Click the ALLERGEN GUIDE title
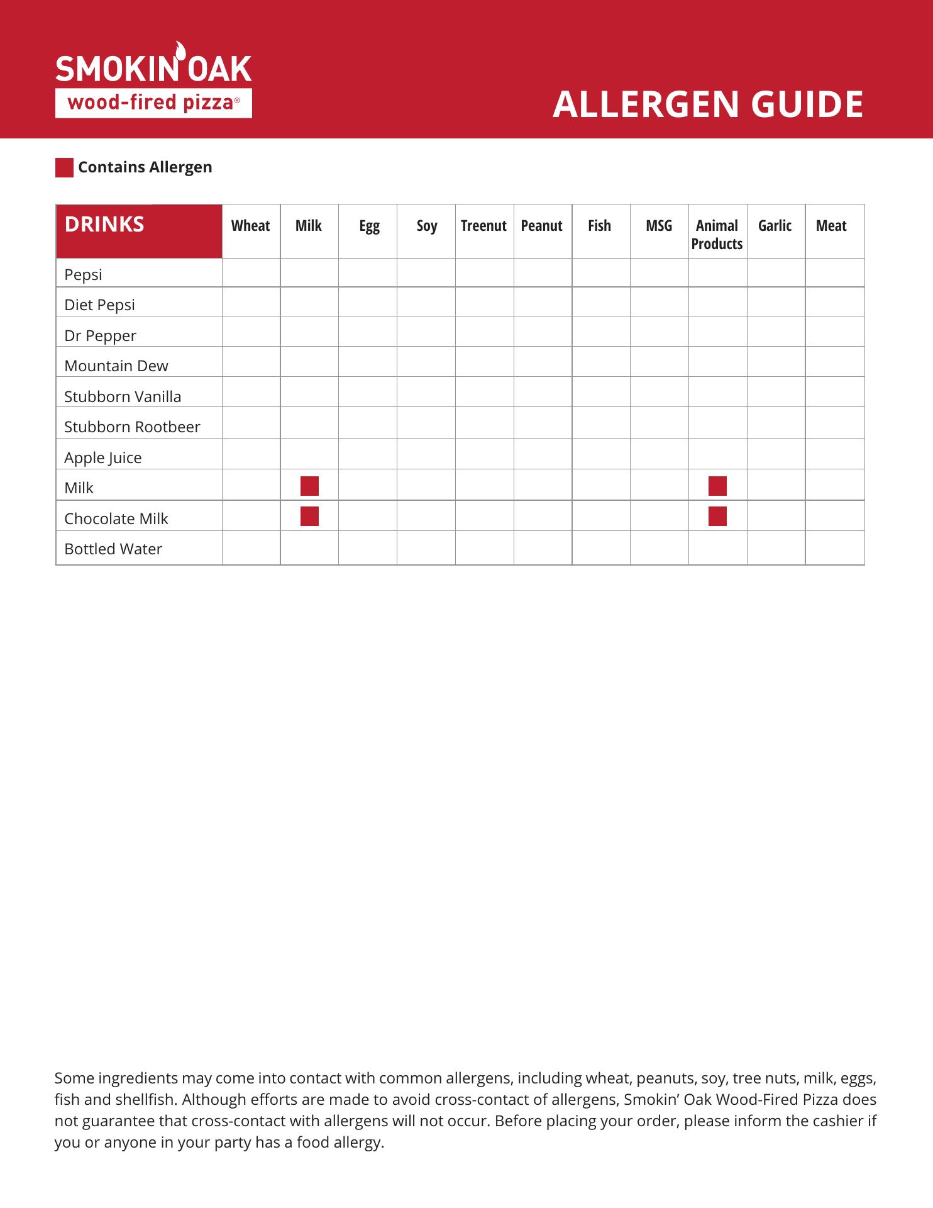708,104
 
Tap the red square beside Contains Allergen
64,168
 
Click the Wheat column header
250,226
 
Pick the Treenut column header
483,226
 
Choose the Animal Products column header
717,235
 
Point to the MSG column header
658,226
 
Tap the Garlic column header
775,226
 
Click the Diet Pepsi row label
99,305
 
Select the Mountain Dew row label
116,366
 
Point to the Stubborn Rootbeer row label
132,427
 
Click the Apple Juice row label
102,458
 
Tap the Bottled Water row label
113,549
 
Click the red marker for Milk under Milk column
309,486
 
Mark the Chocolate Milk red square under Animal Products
717,517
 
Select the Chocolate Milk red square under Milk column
309,517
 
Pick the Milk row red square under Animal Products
717,486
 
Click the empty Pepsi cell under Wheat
251,273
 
